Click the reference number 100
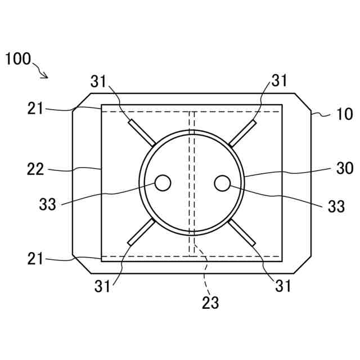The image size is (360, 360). coord(19,59)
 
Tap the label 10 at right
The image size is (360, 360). coord(344,114)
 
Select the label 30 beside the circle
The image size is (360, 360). coord(344,168)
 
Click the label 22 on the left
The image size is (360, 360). coord(35,169)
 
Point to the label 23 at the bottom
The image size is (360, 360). coord(210,303)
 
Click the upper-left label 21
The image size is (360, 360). coord(35,108)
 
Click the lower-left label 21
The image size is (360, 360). coord(35,259)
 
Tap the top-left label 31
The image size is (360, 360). coord(99,82)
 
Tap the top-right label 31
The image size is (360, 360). coord(279,80)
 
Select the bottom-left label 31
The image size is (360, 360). coord(102,286)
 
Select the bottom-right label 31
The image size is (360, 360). coord(283,286)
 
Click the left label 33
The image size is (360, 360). coord(48,204)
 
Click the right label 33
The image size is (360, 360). coord(336,206)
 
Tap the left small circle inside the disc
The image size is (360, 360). coord(163,183)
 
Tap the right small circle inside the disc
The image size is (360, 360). coord(222,183)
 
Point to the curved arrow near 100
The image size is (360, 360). coord(42,70)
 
